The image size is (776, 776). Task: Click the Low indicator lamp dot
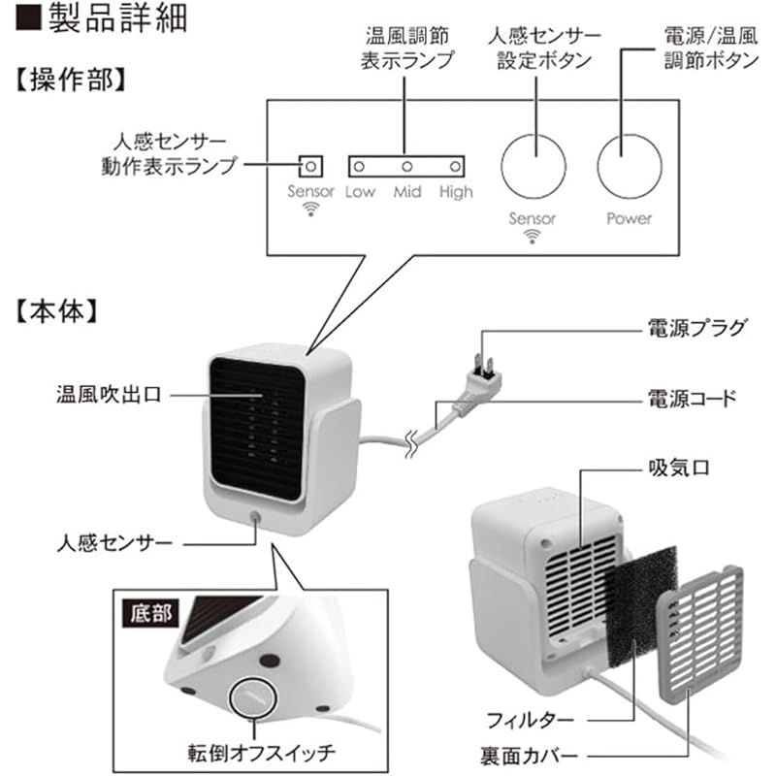[x=361, y=167]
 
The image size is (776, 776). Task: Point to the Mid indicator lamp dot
[x=407, y=167]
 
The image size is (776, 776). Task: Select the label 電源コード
[x=692, y=398]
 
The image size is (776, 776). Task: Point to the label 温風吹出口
[x=107, y=396]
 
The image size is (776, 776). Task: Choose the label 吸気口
[x=679, y=468]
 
